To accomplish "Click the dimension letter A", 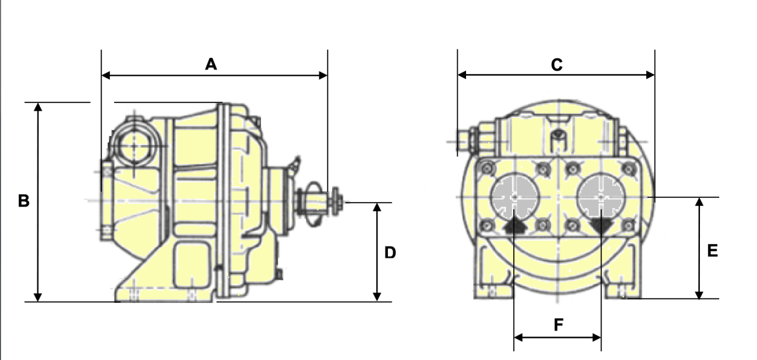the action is pos(211,64).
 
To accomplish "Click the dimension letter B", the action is pos(24,200).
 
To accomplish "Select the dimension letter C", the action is pos(556,65).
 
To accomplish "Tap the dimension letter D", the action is pos(390,253).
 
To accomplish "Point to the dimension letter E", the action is pos(713,251).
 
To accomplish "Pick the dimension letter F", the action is pos(558,325).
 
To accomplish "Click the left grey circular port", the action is pos(515,196).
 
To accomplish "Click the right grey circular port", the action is pos(601,196).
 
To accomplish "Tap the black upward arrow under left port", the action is pos(514,225).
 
